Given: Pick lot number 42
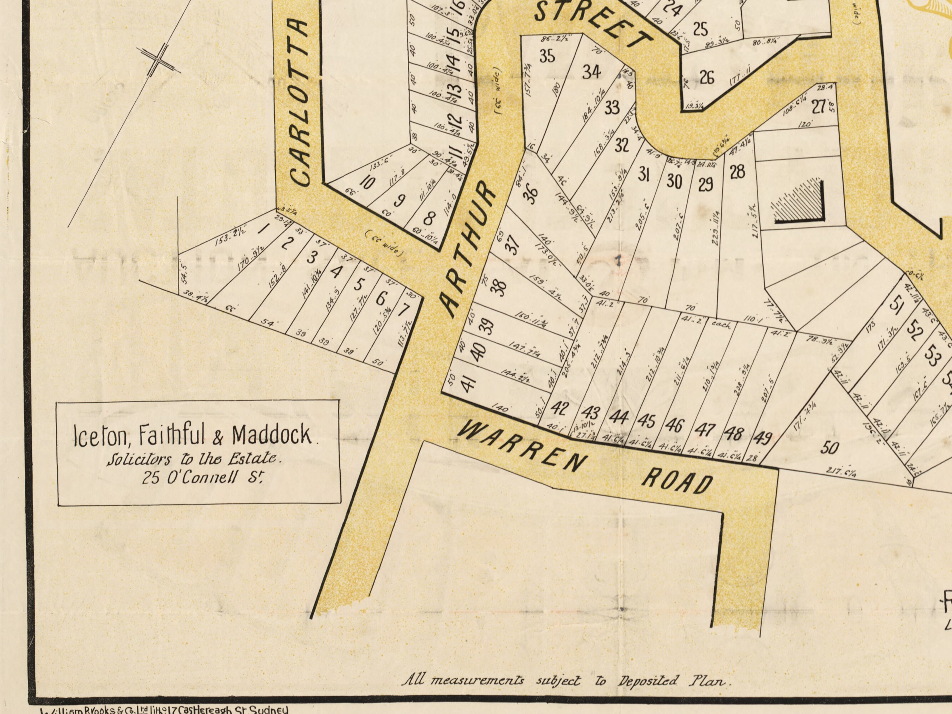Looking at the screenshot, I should pyautogui.click(x=560, y=408).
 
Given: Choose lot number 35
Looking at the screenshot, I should pyautogui.click(x=547, y=56).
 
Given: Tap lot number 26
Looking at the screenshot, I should pyautogui.click(x=707, y=77).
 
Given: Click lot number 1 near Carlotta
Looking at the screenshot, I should pyautogui.click(x=261, y=230).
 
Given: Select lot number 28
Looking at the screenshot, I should pyautogui.click(x=737, y=172).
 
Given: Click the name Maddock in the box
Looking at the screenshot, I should pyautogui.click(x=271, y=435).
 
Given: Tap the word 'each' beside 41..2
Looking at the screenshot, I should pyautogui.click(x=721, y=325).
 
